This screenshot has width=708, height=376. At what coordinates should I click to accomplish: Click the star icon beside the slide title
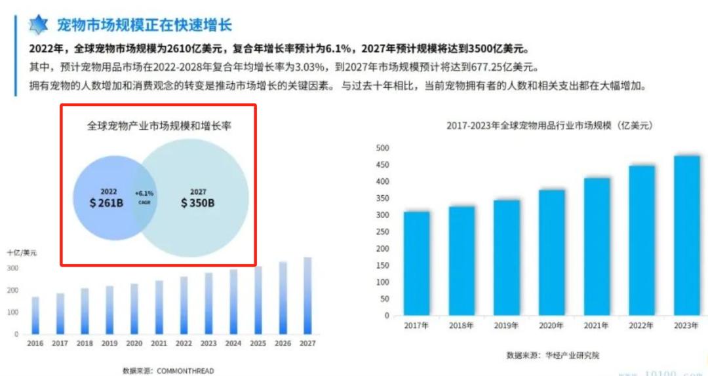pos(39,26)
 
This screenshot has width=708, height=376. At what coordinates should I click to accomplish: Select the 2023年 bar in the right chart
pos(686,235)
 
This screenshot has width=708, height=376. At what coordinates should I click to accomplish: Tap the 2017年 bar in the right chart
pos(416,263)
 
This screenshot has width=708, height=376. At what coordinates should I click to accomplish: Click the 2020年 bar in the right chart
pos(551,252)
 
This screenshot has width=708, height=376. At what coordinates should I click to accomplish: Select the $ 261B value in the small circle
pos(107,203)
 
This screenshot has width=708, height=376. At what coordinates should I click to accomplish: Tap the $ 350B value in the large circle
pos(198,203)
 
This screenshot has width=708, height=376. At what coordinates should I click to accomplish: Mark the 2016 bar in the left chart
pos(35,315)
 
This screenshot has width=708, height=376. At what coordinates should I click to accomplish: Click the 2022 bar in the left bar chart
pos(184,305)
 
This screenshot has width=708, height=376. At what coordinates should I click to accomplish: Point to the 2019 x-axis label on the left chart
pos(109,343)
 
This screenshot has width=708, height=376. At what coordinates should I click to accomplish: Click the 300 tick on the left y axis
pos(12,269)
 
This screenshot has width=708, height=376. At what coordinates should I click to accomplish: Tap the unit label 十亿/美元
pos(22,253)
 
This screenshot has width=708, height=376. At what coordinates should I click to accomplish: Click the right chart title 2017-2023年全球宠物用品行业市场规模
pos(550,125)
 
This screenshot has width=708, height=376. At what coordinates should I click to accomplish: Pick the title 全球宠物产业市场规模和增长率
pos(159,125)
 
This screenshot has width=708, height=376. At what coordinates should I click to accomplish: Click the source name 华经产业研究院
pos(571,355)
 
